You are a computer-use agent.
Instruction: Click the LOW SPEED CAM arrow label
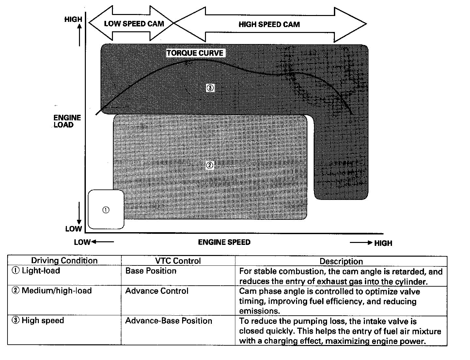tap(134, 23)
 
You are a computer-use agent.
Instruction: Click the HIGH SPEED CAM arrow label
tap(269, 24)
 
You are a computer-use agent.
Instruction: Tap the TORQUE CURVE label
tap(195, 53)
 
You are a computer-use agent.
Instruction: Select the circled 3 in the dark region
tap(210, 87)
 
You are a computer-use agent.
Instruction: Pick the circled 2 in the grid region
tap(210, 165)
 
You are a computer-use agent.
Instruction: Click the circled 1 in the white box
tap(106, 210)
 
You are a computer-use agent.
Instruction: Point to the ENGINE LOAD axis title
tap(67, 121)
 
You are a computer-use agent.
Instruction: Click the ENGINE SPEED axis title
tap(224, 242)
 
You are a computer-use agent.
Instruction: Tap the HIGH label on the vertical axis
tap(73, 19)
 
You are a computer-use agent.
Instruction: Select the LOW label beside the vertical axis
tap(73, 229)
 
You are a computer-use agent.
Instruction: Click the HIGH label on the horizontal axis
tap(383, 243)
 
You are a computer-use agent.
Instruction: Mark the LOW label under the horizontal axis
tap(82, 242)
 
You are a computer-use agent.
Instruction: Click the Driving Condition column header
tap(64, 261)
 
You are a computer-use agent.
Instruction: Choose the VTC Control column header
tap(178, 261)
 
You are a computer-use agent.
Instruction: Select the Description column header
tap(341, 261)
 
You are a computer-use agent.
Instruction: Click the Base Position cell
tap(151, 271)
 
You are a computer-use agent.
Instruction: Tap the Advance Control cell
tap(157, 291)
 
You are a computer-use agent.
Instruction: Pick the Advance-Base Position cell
tap(169, 321)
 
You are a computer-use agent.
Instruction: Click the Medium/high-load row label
tap(56, 291)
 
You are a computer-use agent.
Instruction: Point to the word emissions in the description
tap(259, 311)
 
